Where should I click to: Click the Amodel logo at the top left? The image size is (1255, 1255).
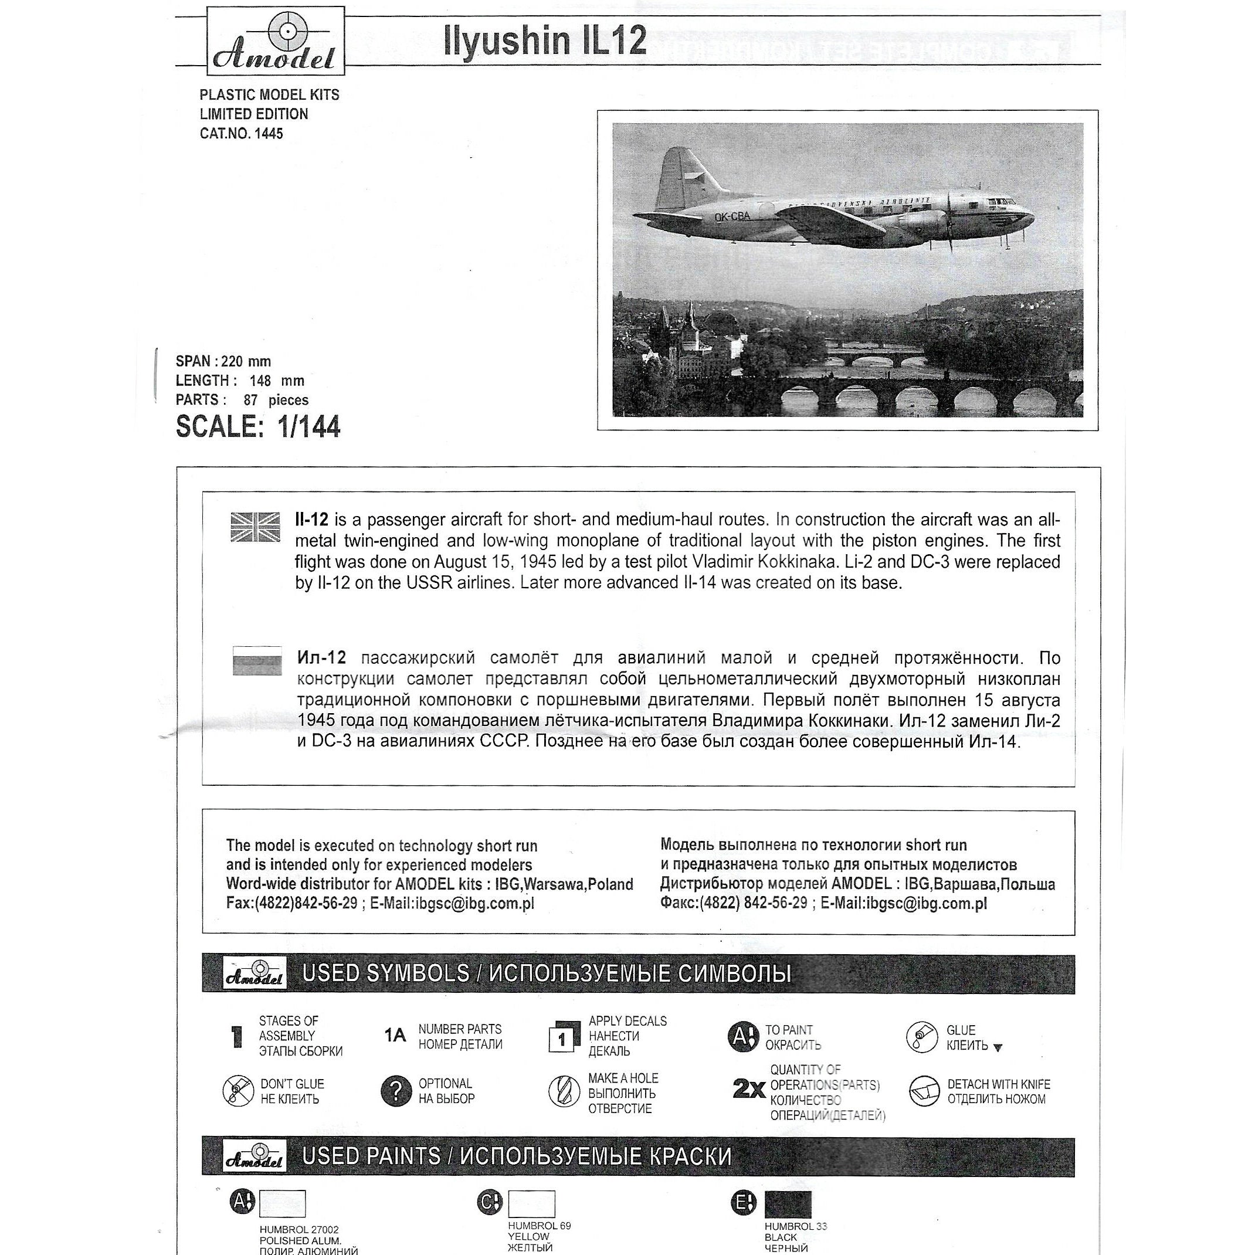point(276,41)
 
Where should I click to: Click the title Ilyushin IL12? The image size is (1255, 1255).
point(545,41)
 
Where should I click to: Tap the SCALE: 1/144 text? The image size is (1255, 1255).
point(258,427)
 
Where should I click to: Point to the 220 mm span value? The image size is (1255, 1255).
point(246,361)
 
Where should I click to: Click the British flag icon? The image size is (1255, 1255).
point(255,527)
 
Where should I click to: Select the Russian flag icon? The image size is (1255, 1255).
point(257,660)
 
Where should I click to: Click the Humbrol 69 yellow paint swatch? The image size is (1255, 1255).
point(531,1203)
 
